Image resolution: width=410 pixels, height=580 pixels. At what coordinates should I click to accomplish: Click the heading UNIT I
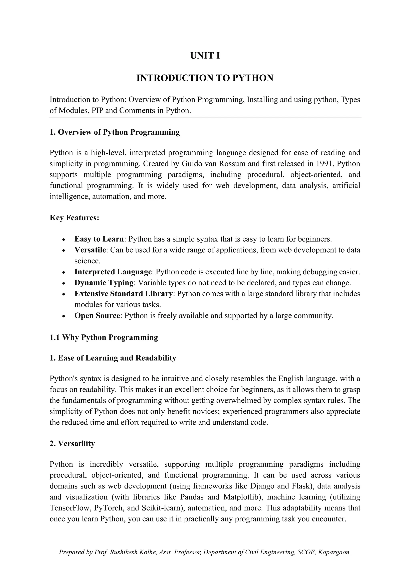[x=205, y=55]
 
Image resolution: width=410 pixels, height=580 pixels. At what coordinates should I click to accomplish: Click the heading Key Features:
[x=74, y=218]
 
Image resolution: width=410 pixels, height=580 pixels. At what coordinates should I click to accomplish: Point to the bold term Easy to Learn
[x=99, y=239]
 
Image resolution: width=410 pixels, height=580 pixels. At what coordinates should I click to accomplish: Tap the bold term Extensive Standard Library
[x=123, y=294]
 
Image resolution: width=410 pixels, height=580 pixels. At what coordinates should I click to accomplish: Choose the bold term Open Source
[x=97, y=315]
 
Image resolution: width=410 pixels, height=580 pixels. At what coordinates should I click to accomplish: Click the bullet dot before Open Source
[x=64, y=316]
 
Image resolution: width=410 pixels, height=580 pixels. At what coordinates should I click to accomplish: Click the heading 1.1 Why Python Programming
[x=104, y=337]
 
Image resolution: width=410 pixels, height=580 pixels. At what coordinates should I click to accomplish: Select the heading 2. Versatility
[x=72, y=443]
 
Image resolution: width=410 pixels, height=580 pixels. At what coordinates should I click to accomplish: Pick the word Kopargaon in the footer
[x=334, y=552]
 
